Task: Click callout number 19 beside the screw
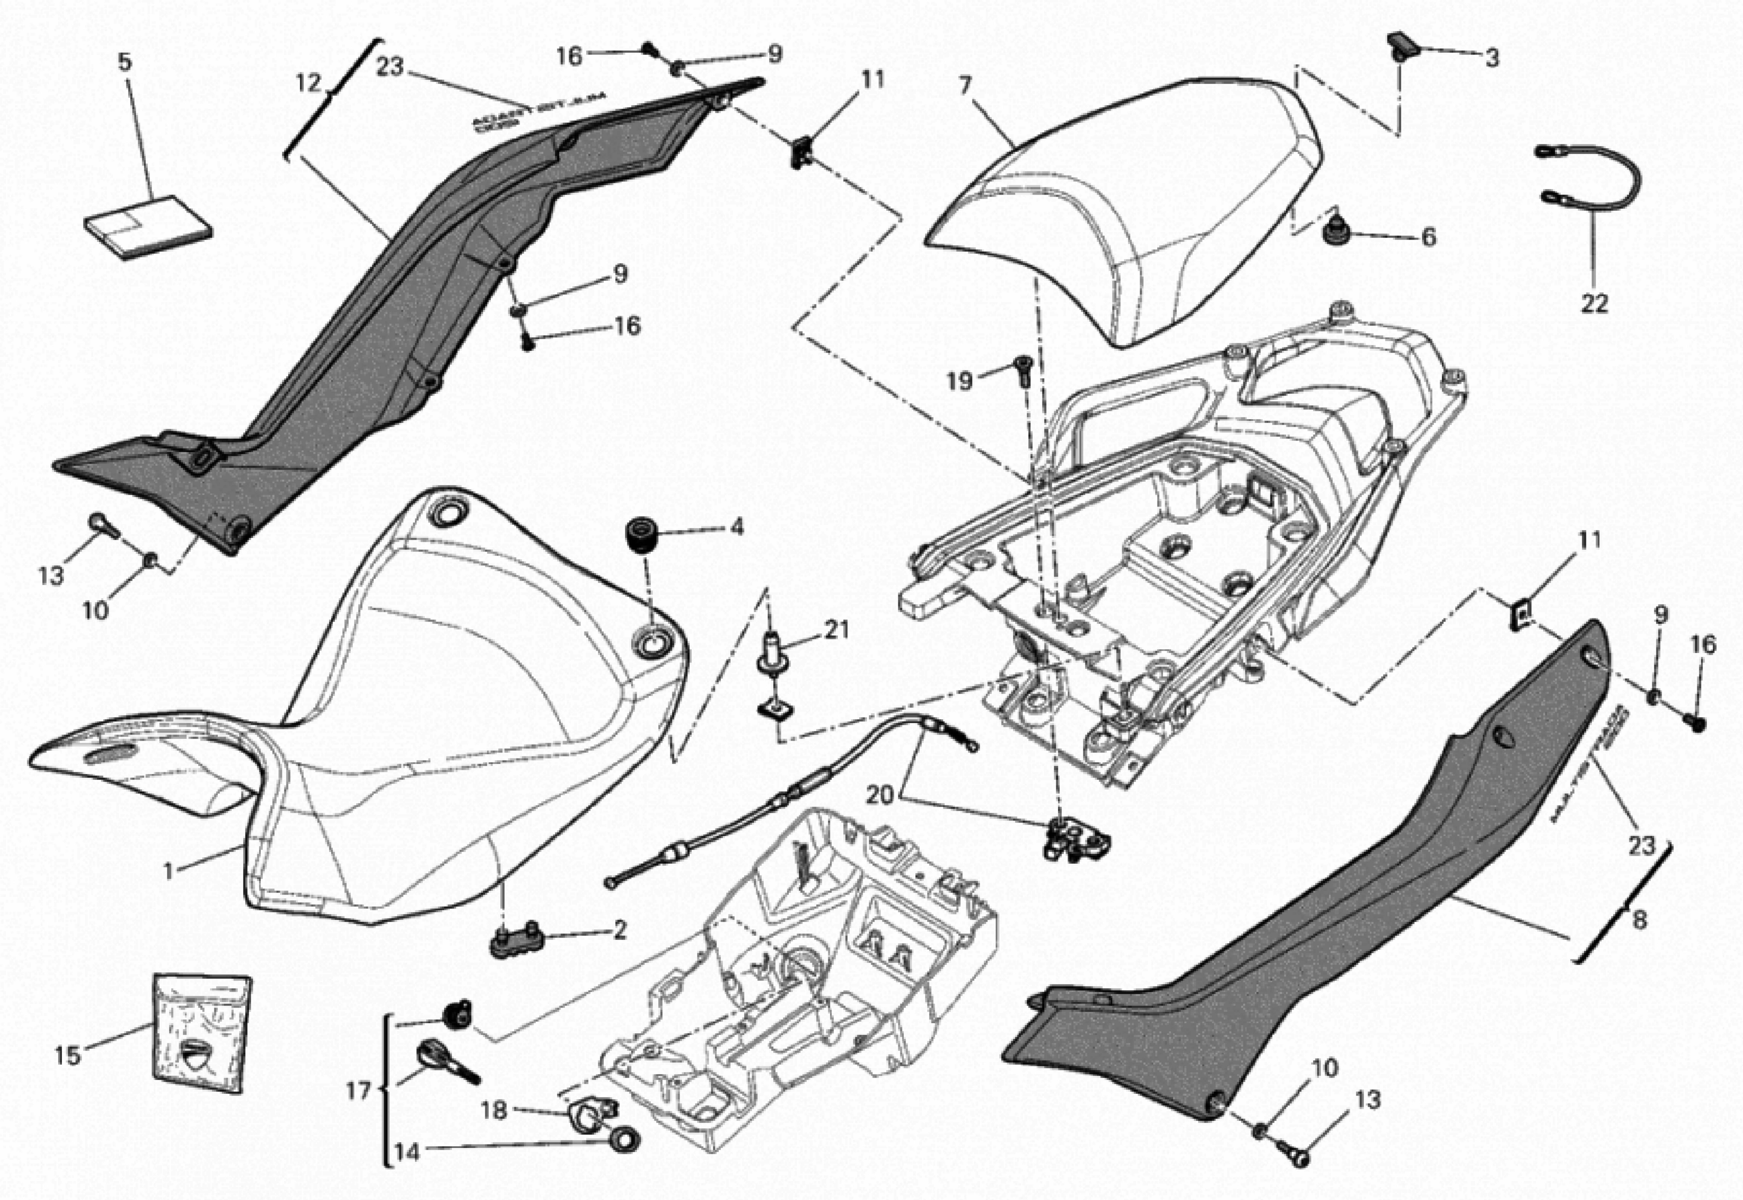(959, 381)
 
